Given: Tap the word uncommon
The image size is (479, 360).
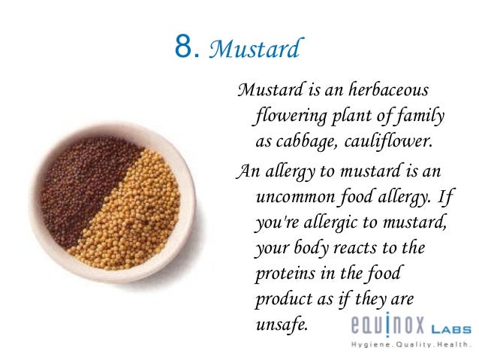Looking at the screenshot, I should (300, 196).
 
